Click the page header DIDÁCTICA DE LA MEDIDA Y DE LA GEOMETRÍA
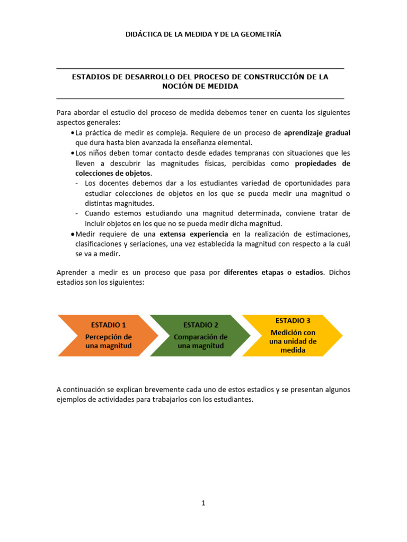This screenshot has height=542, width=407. (x=203, y=34)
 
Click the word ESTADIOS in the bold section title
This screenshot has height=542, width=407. (x=90, y=77)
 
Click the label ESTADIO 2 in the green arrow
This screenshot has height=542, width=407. (x=201, y=324)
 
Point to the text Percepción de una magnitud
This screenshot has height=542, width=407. (x=109, y=341)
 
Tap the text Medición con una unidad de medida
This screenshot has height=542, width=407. (x=293, y=341)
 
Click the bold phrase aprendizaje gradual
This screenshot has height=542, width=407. (x=317, y=133)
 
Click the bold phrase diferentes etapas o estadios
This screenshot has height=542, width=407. (x=274, y=273)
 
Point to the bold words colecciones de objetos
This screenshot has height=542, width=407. (x=113, y=173)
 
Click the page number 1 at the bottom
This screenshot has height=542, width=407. (x=203, y=503)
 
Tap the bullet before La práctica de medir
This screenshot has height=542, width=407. (x=72, y=133)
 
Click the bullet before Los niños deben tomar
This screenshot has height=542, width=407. (x=72, y=153)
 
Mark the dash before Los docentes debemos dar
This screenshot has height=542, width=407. (x=77, y=183)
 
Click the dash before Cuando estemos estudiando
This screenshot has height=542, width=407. (x=77, y=213)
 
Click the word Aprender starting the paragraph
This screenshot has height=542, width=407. (x=71, y=273)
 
